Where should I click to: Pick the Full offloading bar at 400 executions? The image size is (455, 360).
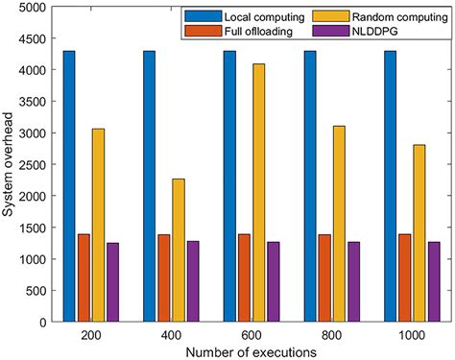(x=164, y=276)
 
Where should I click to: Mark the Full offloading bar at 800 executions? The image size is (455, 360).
(x=324, y=276)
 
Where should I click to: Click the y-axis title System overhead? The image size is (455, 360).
(x=9, y=162)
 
